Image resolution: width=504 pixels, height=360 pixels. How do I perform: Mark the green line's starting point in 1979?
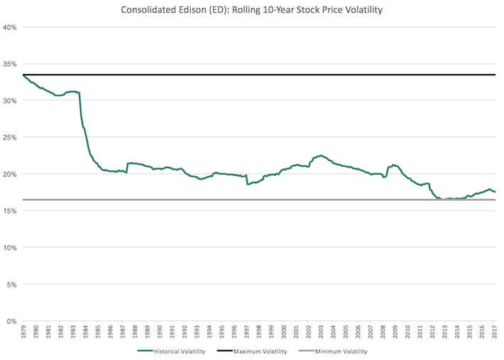(x=23, y=75)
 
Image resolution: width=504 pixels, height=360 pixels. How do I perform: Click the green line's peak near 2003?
(x=320, y=156)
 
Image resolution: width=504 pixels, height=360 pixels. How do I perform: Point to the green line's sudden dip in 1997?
(x=247, y=184)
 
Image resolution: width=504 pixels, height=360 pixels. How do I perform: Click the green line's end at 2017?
(x=495, y=192)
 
